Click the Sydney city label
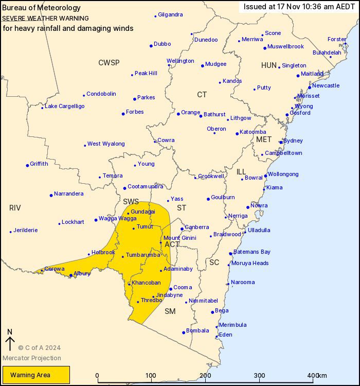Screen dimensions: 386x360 coord(293,141)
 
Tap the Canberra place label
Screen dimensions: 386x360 coord(197,227)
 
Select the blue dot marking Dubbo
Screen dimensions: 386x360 coord(151,45)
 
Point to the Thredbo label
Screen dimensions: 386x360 coord(152,300)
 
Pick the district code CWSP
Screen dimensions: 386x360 coord(109,63)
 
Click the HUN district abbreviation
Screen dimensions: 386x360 coord(268,65)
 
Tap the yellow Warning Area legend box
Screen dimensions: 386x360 coord(36,375)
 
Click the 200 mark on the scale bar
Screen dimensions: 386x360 coord(206,375)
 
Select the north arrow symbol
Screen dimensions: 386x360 coord(9,341)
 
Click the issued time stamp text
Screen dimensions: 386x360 coord(299,7)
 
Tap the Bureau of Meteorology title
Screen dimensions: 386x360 coord(42,8)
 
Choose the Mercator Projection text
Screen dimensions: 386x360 coord(32,358)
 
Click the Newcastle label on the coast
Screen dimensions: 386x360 coord(326,85)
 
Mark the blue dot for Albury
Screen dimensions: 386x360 coord(71,275)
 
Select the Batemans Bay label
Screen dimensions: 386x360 coord(252,252)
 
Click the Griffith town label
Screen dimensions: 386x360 coord(39,164)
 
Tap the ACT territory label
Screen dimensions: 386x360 coord(172,244)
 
